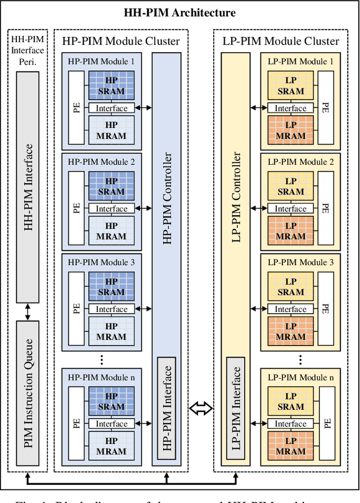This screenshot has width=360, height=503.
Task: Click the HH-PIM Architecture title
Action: [180, 12]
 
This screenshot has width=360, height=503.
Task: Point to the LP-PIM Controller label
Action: [237, 197]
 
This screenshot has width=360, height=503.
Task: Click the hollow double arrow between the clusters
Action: [201, 409]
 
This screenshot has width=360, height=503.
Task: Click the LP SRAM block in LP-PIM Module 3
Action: [290, 287]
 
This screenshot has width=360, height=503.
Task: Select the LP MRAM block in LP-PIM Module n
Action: [290, 446]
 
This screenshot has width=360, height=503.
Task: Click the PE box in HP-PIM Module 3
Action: [76, 309]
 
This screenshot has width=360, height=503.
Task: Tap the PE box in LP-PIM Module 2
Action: [325, 208]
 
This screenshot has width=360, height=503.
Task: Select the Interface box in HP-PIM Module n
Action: [111, 424]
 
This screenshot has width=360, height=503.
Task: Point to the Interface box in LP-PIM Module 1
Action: [290, 108]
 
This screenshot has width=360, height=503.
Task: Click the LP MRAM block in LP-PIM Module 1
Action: [290, 131]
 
